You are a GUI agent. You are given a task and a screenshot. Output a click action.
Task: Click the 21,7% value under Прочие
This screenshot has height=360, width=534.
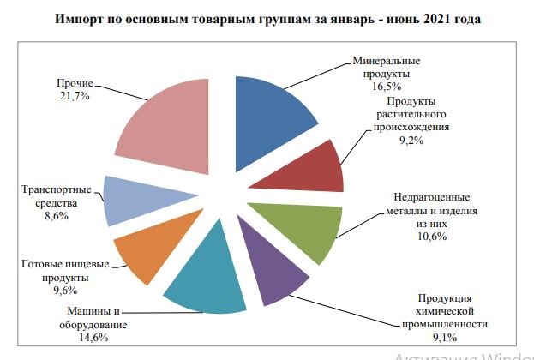pos(75,99)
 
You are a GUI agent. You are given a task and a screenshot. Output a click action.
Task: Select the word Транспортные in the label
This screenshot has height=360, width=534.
pos(52,189)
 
